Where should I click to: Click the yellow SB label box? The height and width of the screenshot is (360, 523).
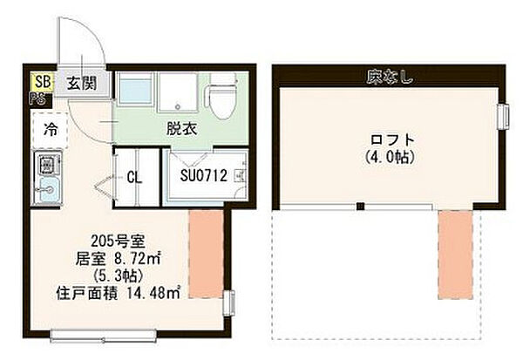[x=40, y=82]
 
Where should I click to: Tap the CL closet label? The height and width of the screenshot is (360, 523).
[x=134, y=176]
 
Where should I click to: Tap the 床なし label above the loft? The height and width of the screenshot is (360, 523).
[x=389, y=78]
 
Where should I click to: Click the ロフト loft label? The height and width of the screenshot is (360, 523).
[x=389, y=139]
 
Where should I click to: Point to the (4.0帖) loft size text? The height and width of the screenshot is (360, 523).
[x=389, y=158]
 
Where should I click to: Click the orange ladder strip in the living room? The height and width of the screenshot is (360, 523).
[x=207, y=254]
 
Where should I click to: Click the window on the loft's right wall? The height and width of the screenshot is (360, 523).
[x=503, y=117]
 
